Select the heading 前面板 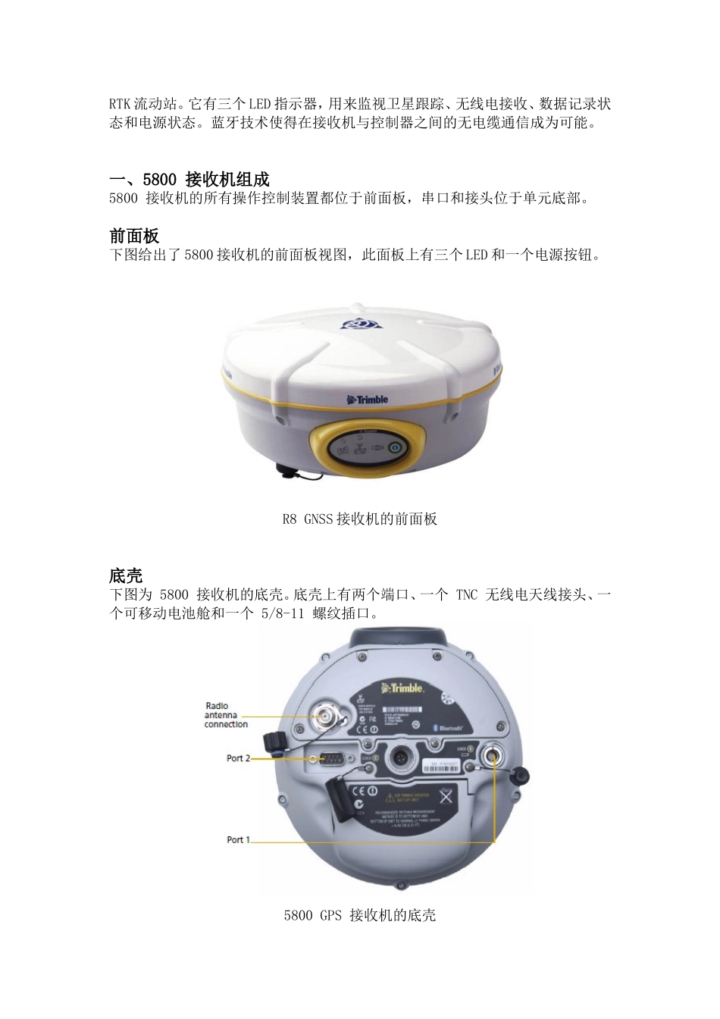pyautogui.click(x=134, y=236)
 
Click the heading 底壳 pyautogui.click(x=126, y=575)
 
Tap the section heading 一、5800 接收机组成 pyautogui.click(x=189, y=179)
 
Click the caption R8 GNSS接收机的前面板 pyautogui.click(x=359, y=519)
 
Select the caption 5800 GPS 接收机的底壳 pyautogui.click(x=359, y=915)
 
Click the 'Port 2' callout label pyautogui.click(x=239, y=758)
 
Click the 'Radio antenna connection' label pyautogui.click(x=225, y=715)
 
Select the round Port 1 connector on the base pyautogui.click(x=493, y=757)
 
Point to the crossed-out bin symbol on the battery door pyautogui.click(x=446, y=796)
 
